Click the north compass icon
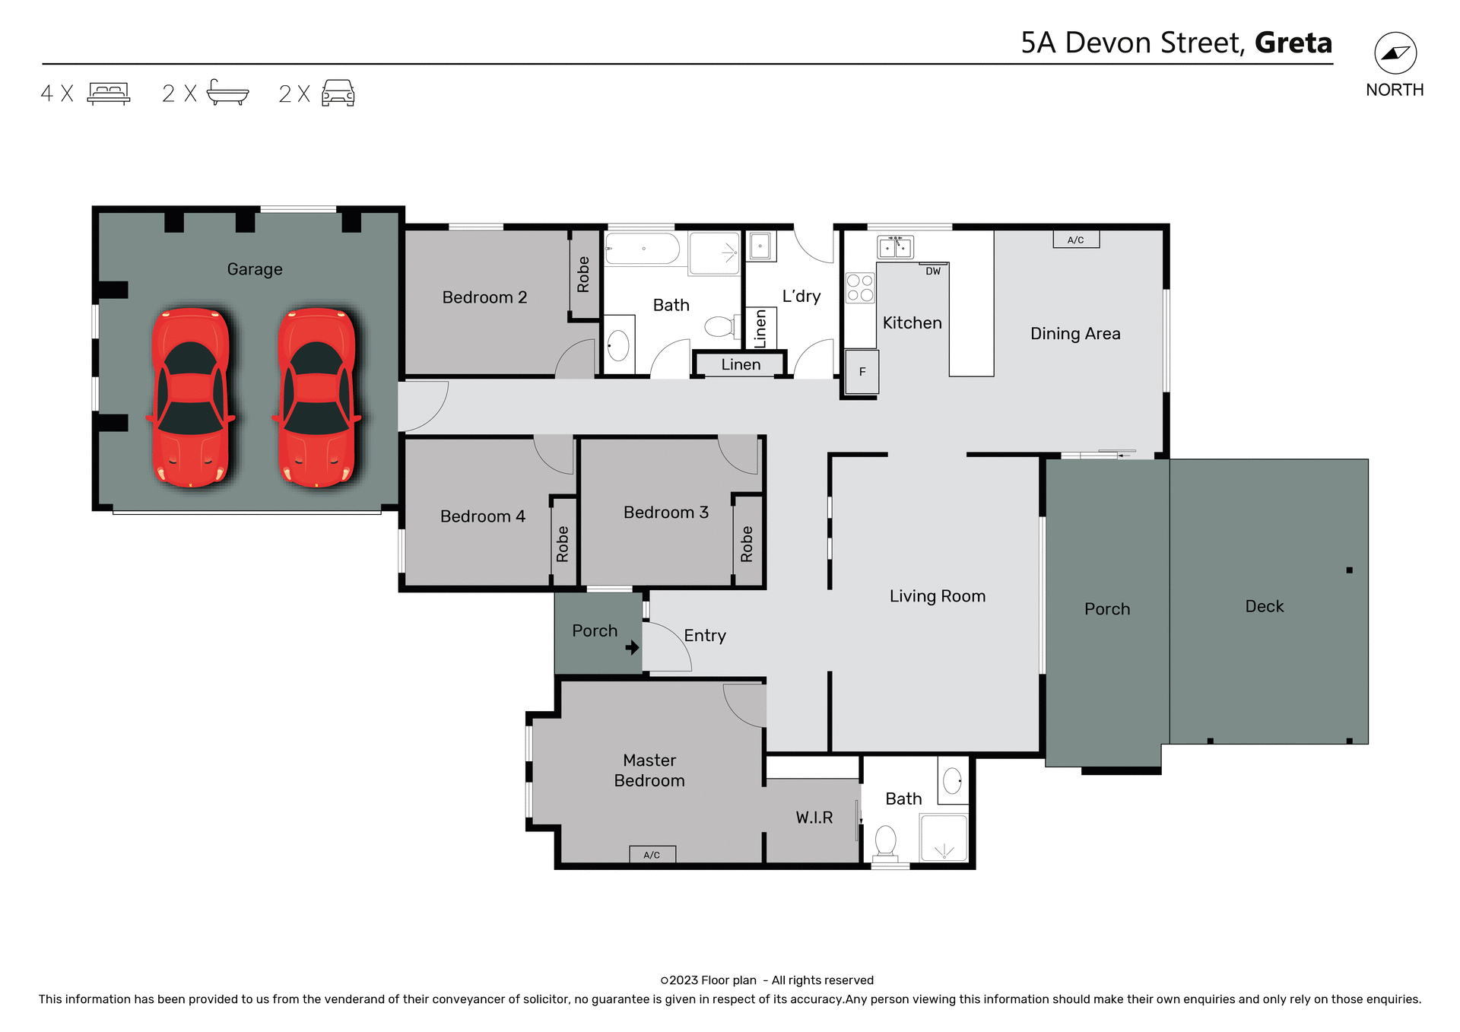click(1395, 53)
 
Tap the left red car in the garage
click(190, 397)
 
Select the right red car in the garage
click(317, 397)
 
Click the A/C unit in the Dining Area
click(1075, 240)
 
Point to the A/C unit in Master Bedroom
click(652, 854)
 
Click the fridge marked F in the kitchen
click(862, 372)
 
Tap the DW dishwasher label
click(933, 271)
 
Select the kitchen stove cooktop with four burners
click(860, 288)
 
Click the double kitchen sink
click(895, 247)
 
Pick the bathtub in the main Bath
click(643, 249)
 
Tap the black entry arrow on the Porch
click(632, 648)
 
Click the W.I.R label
click(814, 818)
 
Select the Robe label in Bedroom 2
click(583, 275)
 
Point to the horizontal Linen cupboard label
click(741, 364)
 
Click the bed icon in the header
click(109, 93)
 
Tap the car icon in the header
click(338, 93)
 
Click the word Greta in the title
click(1293, 43)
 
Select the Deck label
click(1264, 606)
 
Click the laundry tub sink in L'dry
click(760, 246)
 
